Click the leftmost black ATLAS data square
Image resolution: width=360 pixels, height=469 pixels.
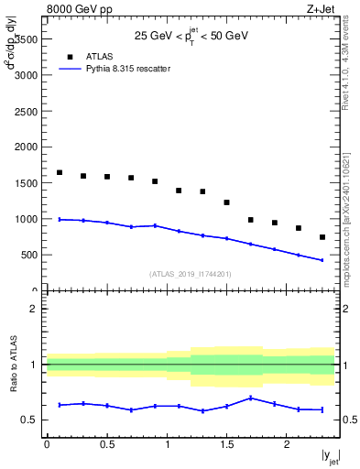[x=60, y=172]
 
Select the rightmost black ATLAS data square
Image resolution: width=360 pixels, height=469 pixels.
[x=322, y=237]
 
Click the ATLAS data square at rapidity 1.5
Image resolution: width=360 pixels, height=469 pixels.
[x=226, y=202]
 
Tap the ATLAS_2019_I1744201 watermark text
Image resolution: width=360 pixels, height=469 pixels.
[x=191, y=273]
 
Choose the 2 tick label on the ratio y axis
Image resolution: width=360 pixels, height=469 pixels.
[x=35, y=309]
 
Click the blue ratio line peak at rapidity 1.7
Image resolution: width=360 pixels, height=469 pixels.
[x=250, y=398]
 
